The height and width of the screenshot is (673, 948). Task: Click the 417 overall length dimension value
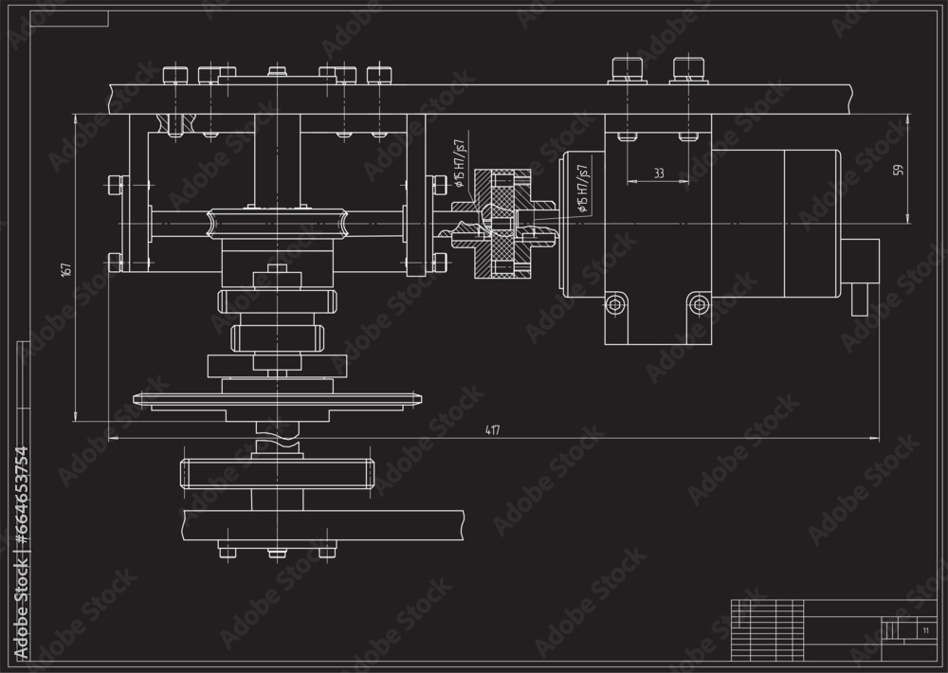[492, 430]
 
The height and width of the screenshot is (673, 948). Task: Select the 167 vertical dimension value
[65, 268]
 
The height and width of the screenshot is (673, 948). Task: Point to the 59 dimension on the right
[898, 170]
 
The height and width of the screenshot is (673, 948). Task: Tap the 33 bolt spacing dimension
[657, 173]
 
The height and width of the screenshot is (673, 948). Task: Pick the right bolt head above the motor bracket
[688, 67]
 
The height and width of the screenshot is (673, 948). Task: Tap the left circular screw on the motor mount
[617, 304]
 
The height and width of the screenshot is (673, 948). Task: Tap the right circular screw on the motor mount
[700, 304]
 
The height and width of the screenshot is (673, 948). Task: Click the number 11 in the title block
[924, 629]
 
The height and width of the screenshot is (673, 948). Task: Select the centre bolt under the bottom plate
[277, 552]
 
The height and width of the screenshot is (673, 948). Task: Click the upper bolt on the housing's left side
[116, 183]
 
